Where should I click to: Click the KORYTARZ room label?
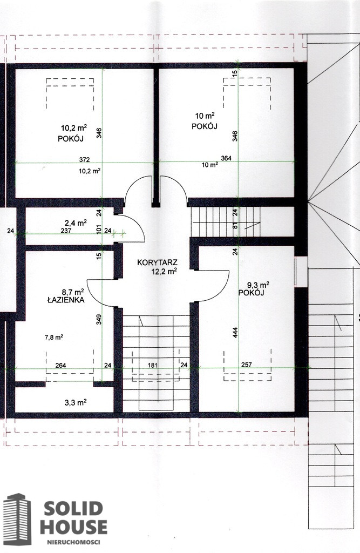tap(157, 263)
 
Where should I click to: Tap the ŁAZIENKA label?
tap(66, 300)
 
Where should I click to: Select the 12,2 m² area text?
tap(164, 271)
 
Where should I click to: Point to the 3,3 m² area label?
tap(76, 402)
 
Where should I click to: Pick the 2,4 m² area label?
tap(76, 223)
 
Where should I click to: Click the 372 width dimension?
tap(84, 159)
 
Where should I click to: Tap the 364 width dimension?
tap(226, 158)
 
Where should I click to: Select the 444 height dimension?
tap(235, 333)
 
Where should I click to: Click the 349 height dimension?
tap(99, 320)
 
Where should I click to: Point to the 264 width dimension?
tap(60, 366)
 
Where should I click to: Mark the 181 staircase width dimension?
tap(152, 366)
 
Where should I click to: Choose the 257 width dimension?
tap(247, 365)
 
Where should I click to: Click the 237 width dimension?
tap(66, 231)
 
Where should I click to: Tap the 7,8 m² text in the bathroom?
tap(53, 337)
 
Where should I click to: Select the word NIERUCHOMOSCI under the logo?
tap(74, 542)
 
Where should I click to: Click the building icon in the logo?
tap(17, 519)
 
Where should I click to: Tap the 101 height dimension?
tap(99, 230)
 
